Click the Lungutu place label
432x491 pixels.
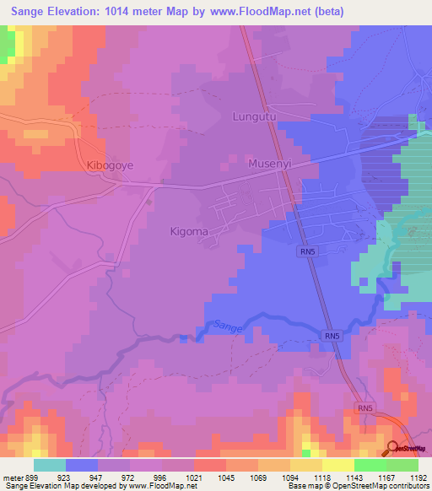255,116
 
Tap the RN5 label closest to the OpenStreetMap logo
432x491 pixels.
364,408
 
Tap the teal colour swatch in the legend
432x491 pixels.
49,464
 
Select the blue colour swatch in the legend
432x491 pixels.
81,464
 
